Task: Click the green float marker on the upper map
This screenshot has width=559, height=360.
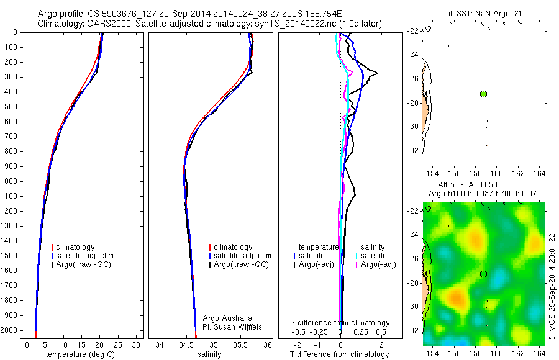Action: (483, 94)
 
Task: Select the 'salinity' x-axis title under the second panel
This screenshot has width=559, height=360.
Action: (209, 354)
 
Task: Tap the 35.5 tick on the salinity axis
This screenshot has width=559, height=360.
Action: (240, 344)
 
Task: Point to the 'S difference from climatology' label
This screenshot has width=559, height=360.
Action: (340, 323)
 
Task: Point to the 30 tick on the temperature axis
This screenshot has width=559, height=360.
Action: (137, 344)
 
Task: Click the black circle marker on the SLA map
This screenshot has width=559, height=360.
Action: (483, 274)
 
